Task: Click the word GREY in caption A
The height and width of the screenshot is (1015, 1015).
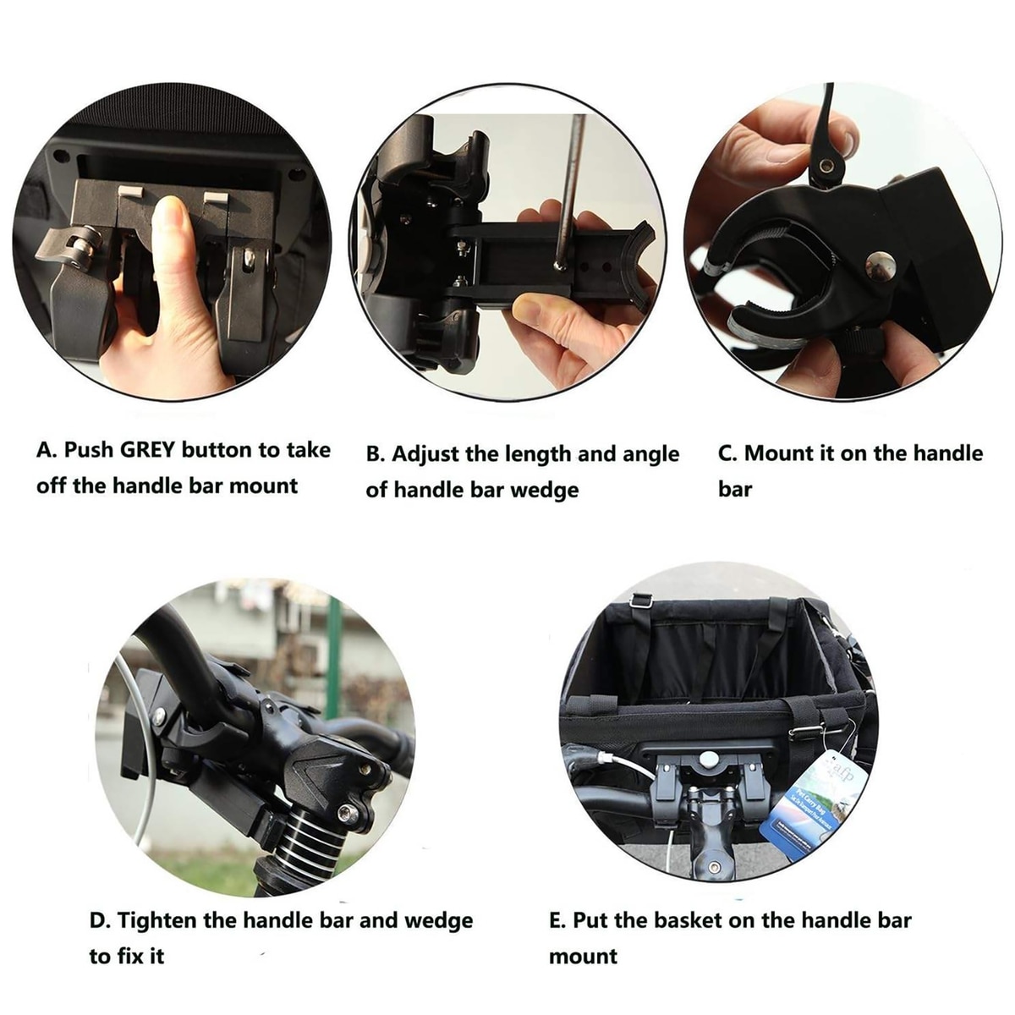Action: pyautogui.click(x=147, y=450)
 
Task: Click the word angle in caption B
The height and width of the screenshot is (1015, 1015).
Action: pyautogui.click(x=650, y=455)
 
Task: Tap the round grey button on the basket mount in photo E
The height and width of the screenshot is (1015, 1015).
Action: pyautogui.click(x=708, y=760)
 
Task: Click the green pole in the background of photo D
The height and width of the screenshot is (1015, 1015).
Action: pyautogui.click(x=333, y=658)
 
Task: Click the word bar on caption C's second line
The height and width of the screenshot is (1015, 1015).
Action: pyautogui.click(x=735, y=488)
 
